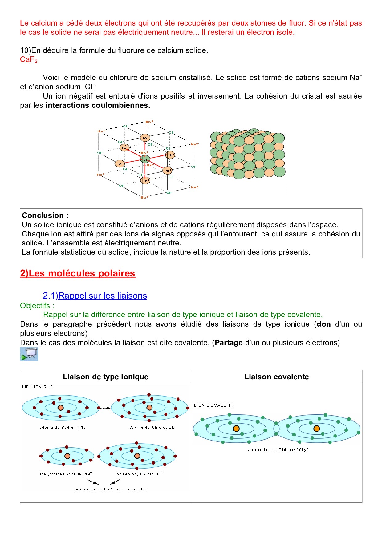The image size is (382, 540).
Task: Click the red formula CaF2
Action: point(28,59)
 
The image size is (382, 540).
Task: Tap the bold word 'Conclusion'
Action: point(43,215)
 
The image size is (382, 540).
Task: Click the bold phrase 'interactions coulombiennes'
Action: point(98,105)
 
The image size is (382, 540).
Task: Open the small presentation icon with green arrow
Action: point(29,354)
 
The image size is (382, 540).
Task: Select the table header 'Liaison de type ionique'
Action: point(106,377)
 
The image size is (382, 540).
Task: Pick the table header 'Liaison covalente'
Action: point(276,377)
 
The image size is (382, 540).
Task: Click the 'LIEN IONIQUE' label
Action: point(38,387)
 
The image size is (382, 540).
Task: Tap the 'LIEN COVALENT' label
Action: point(213,405)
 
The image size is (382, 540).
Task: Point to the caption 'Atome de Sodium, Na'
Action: point(63,427)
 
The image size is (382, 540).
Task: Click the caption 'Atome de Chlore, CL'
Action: point(152,427)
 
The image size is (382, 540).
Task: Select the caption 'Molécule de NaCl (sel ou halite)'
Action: point(111,489)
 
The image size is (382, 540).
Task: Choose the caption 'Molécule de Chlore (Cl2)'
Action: point(277,450)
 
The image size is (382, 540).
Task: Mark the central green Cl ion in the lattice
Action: point(145,159)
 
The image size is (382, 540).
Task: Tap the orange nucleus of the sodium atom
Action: point(61,408)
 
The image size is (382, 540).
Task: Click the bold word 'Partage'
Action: point(229,343)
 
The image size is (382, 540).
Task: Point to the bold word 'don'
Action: point(323,324)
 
